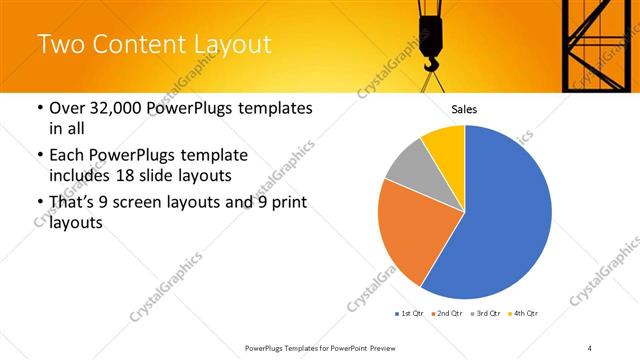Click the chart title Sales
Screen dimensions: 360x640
click(x=464, y=108)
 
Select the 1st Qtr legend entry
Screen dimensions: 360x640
click(x=409, y=313)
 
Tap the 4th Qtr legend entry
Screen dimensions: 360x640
click(x=526, y=313)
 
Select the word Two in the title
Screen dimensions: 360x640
click(x=62, y=44)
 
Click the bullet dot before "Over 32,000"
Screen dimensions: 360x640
click(x=39, y=108)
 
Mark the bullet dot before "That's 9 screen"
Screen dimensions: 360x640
click(x=39, y=204)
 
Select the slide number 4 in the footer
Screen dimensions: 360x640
click(x=590, y=347)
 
